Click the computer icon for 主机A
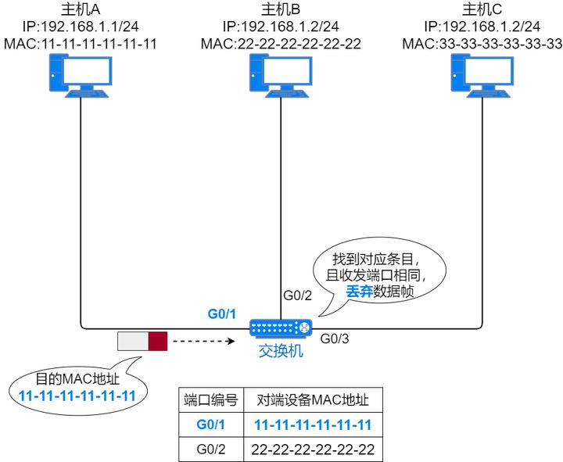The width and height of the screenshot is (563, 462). (81, 79)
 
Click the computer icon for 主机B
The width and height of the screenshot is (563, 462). (281, 79)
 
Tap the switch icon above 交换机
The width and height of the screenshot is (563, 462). (281, 329)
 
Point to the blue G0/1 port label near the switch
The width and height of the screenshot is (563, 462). (221, 314)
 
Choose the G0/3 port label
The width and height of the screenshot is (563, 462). (335, 339)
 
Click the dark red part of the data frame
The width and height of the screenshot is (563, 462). (158, 341)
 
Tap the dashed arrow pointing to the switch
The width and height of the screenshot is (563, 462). (203, 341)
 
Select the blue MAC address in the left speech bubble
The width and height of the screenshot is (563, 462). (76, 394)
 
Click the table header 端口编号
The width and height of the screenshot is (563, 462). (211, 399)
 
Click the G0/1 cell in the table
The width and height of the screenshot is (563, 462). (211, 424)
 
